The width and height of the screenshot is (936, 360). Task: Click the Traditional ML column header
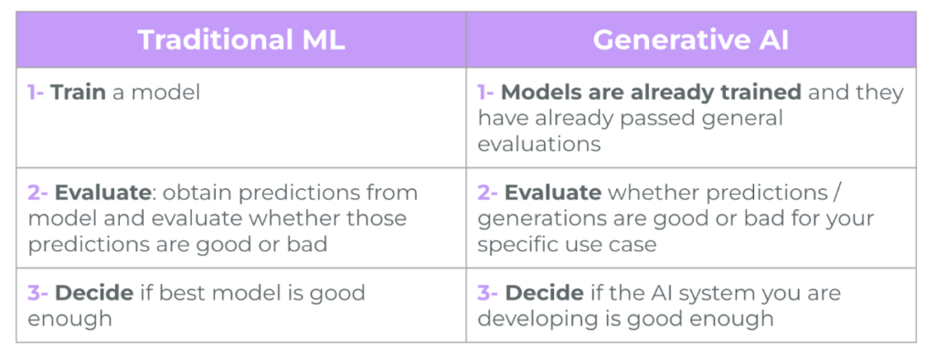pyautogui.click(x=241, y=40)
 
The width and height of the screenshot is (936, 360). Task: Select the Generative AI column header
pyautogui.click(x=691, y=40)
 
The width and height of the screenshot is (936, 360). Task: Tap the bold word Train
pyautogui.click(x=79, y=92)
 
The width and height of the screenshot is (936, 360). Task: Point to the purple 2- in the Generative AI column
pyautogui.click(x=488, y=192)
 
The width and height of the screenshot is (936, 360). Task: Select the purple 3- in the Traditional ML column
pyautogui.click(x=37, y=292)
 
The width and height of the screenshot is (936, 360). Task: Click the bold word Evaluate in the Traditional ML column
pyautogui.click(x=102, y=192)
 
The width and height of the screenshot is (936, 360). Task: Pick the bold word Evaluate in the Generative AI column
pyautogui.click(x=553, y=192)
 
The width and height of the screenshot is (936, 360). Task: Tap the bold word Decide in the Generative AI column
pyautogui.click(x=545, y=292)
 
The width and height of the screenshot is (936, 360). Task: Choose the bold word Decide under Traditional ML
pyautogui.click(x=94, y=292)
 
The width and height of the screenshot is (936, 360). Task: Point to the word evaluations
pyautogui.click(x=539, y=143)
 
